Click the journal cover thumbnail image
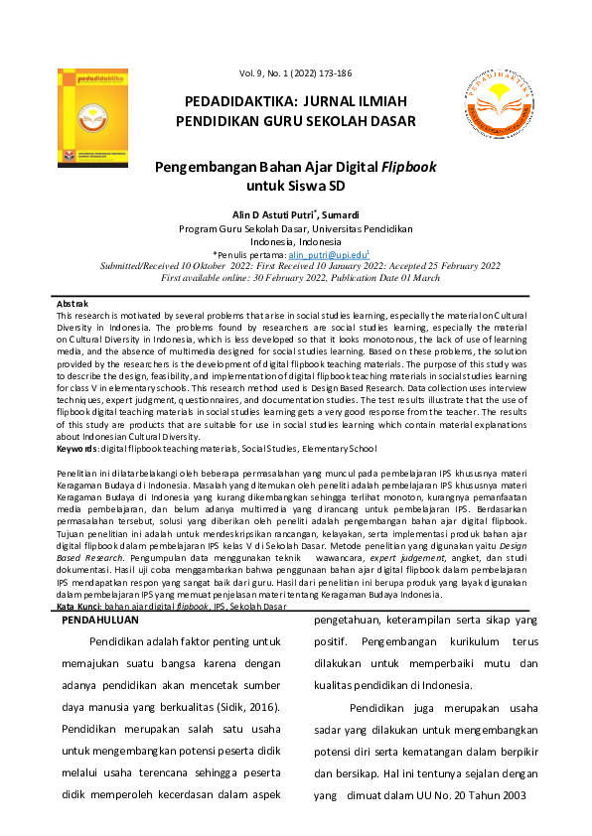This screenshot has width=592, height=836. (x=92, y=116)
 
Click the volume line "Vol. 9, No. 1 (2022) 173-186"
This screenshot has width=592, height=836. (x=295, y=74)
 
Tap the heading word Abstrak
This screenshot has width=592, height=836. (x=73, y=303)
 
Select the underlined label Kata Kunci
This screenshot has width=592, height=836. (x=78, y=578)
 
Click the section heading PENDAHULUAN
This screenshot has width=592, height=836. (x=99, y=591)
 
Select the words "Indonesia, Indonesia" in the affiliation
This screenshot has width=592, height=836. (x=295, y=241)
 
